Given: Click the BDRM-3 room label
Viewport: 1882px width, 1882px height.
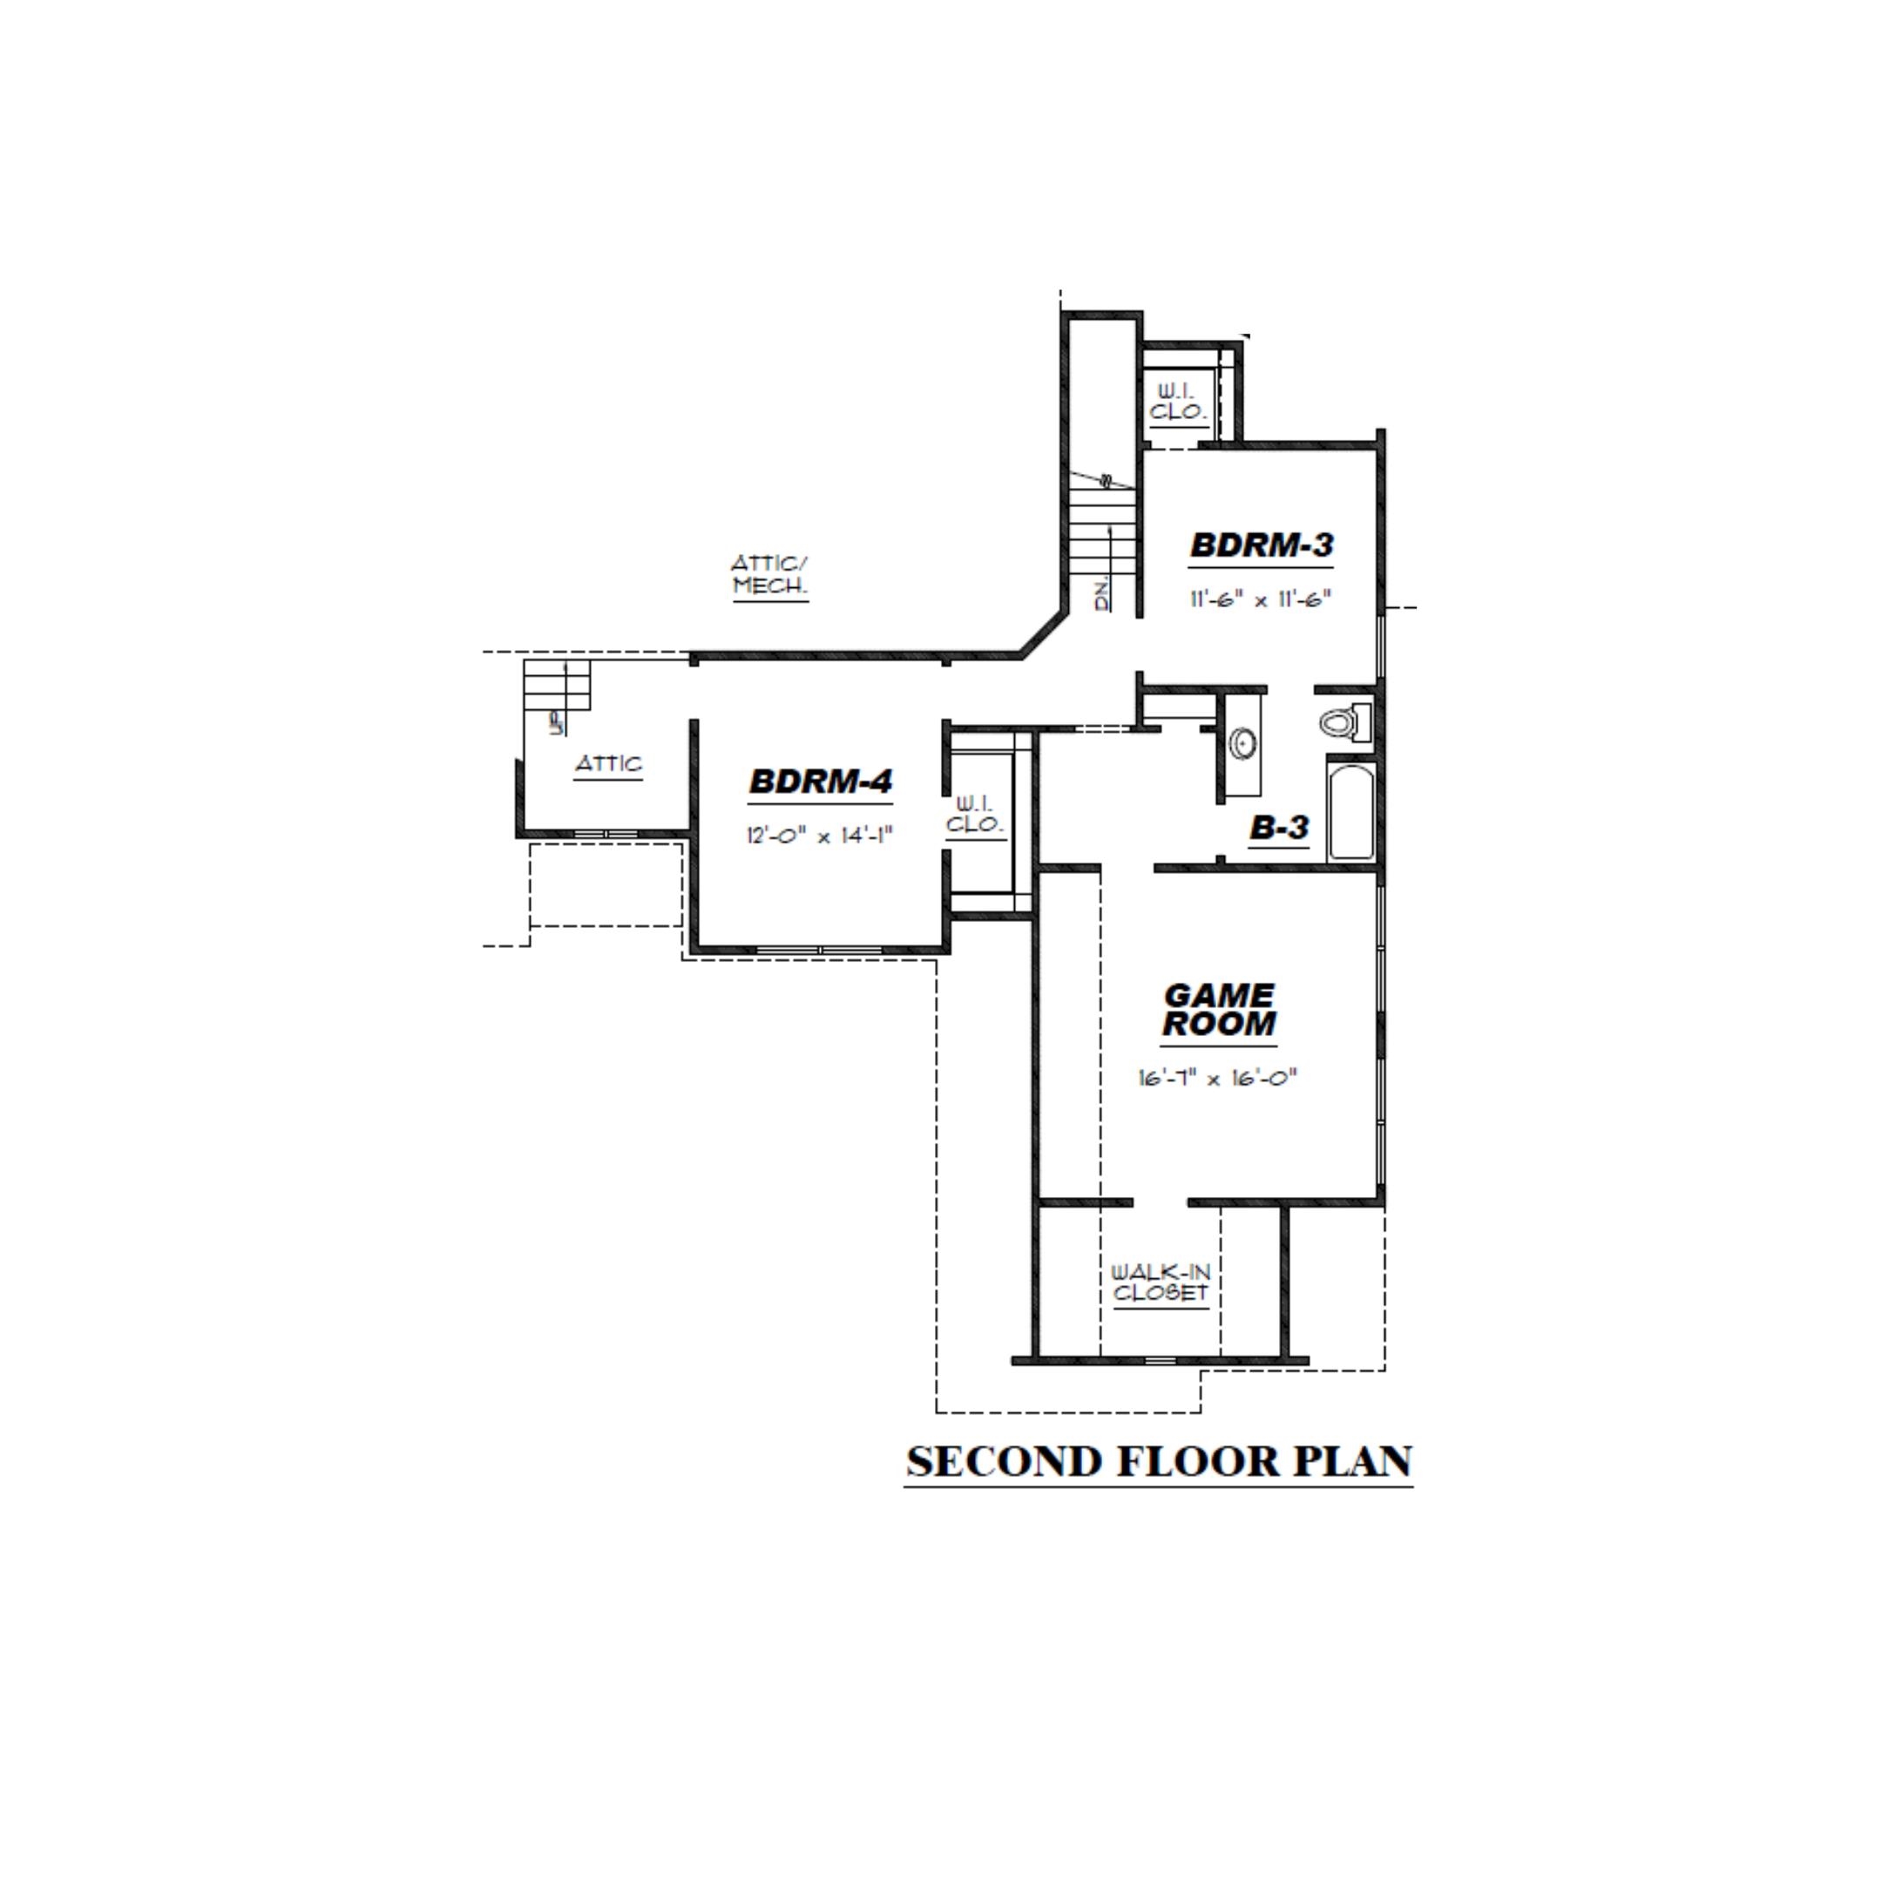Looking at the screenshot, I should tap(1261, 545).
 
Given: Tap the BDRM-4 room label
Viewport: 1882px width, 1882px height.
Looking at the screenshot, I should tap(820, 782).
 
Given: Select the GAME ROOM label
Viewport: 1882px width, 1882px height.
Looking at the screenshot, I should tap(1219, 1009).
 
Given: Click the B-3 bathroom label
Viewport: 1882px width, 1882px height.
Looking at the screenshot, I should tap(1279, 828).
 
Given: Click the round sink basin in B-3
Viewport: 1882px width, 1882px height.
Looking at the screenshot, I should tap(1242, 744).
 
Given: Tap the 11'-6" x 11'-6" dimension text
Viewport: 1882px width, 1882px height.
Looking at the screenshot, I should tap(1260, 600).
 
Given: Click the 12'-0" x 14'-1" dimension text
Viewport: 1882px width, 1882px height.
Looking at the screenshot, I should tap(819, 836).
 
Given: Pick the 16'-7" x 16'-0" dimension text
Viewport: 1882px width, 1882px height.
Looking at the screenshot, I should tap(1218, 1079).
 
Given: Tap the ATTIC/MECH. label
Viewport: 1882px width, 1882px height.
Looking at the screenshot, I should tap(769, 576).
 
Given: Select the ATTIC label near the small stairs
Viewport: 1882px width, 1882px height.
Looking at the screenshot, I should tap(608, 764).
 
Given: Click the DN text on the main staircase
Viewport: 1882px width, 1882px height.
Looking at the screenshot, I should tap(1101, 597).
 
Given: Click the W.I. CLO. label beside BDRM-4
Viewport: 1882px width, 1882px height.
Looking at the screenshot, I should tap(975, 815).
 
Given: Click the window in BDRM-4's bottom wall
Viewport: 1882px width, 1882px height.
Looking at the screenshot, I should tap(820, 949).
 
